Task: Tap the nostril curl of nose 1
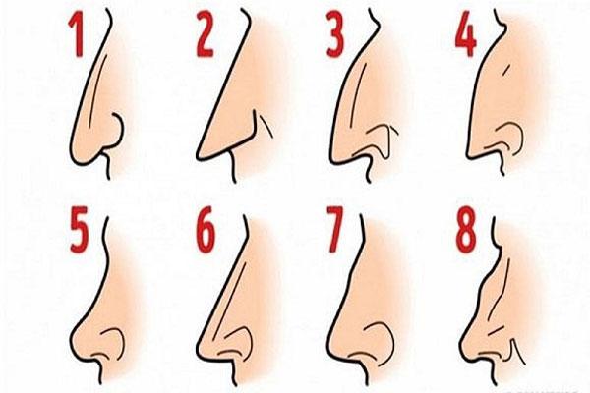click(117, 131)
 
